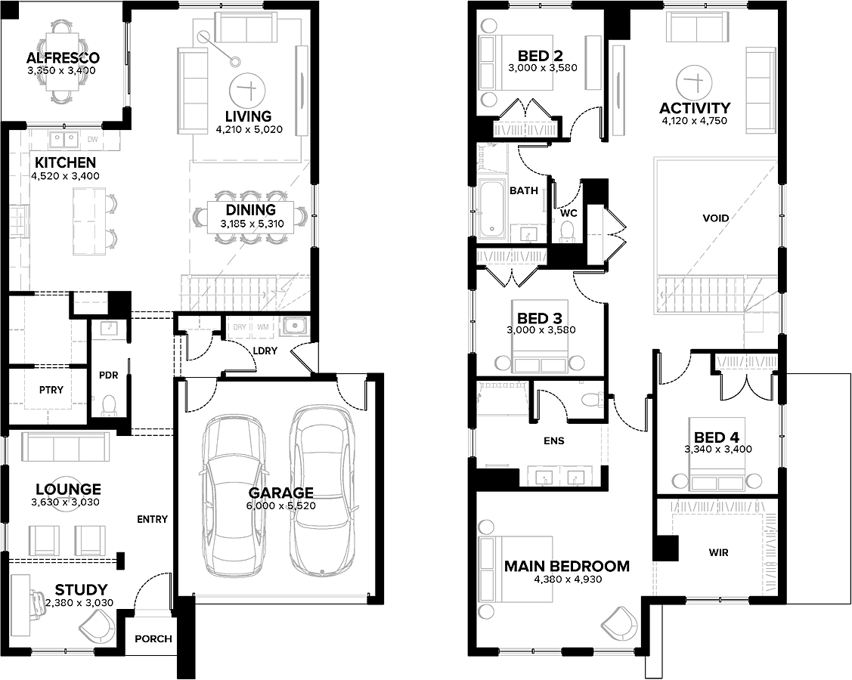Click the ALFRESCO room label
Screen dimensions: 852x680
pyautogui.click(x=63, y=57)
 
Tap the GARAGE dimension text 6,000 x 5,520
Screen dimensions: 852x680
pyautogui.click(x=281, y=505)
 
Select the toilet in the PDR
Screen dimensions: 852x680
pyautogui.click(x=109, y=406)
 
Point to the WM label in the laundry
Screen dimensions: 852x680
pyautogui.click(x=263, y=327)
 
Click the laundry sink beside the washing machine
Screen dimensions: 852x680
pyautogui.click(x=295, y=326)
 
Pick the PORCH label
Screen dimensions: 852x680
pyautogui.click(x=153, y=638)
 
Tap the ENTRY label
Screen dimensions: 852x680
pyautogui.click(x=152, y=519)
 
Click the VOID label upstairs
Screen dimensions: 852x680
pyautogui.click(x=716, y=218)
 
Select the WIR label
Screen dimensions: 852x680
pyautogui.click(x=718, y=553)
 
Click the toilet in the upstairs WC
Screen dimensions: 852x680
pyautogui.click(x=569, y=230)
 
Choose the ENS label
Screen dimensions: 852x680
pyautogui.click(x=553, y=441)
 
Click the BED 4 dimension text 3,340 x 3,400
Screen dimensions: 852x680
pyautogui.click(x=717, y=449)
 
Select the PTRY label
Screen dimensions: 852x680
pyautogui.click(x=51, y=389)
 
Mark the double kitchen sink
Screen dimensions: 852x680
pyautogui.click(x=65, y=140)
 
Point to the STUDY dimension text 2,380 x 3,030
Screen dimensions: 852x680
pyautogui.click(x=79, y=602)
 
